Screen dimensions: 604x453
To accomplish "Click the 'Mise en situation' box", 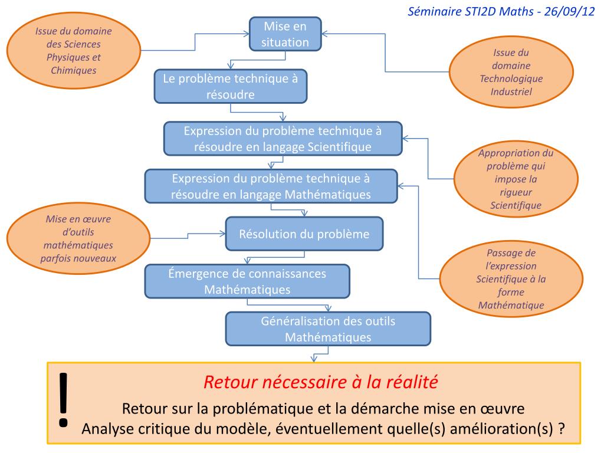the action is tap(285, 34).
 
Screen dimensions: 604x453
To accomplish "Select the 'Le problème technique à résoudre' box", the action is tap(231, 86).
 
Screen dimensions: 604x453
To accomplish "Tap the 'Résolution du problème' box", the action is tap(304, 234).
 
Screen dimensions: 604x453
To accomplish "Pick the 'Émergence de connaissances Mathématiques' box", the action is tap(247, 281).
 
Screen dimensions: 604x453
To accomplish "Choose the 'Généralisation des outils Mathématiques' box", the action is tap(328, 329).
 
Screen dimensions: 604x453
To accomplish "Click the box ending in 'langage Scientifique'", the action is tap(283, 139).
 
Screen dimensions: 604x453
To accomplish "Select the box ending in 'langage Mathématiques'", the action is tap(271, 186).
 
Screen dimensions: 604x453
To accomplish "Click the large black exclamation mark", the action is tap(64, 399).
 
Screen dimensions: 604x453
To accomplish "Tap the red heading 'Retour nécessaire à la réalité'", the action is tap(320, 382).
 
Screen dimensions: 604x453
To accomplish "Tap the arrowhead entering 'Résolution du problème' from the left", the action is tap(222, 234).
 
